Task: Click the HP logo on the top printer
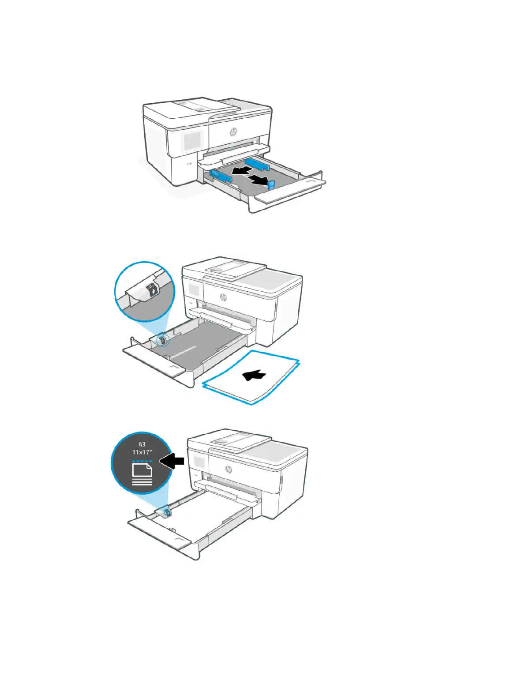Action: coord(233,132)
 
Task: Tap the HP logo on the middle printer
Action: coord(223,297)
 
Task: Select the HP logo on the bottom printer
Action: coord(228,469)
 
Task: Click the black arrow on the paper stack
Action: coord(255,375)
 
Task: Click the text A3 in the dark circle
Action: coord(142,444)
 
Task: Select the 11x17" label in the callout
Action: coord(142,452)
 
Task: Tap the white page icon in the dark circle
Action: coord(142,473)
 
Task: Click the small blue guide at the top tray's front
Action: coord(271,184)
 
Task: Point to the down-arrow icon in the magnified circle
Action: coord(153,292)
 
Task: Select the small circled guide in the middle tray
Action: coord(162,340)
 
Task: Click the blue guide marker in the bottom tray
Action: coord(168,512)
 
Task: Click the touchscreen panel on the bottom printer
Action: coord(199,463)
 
